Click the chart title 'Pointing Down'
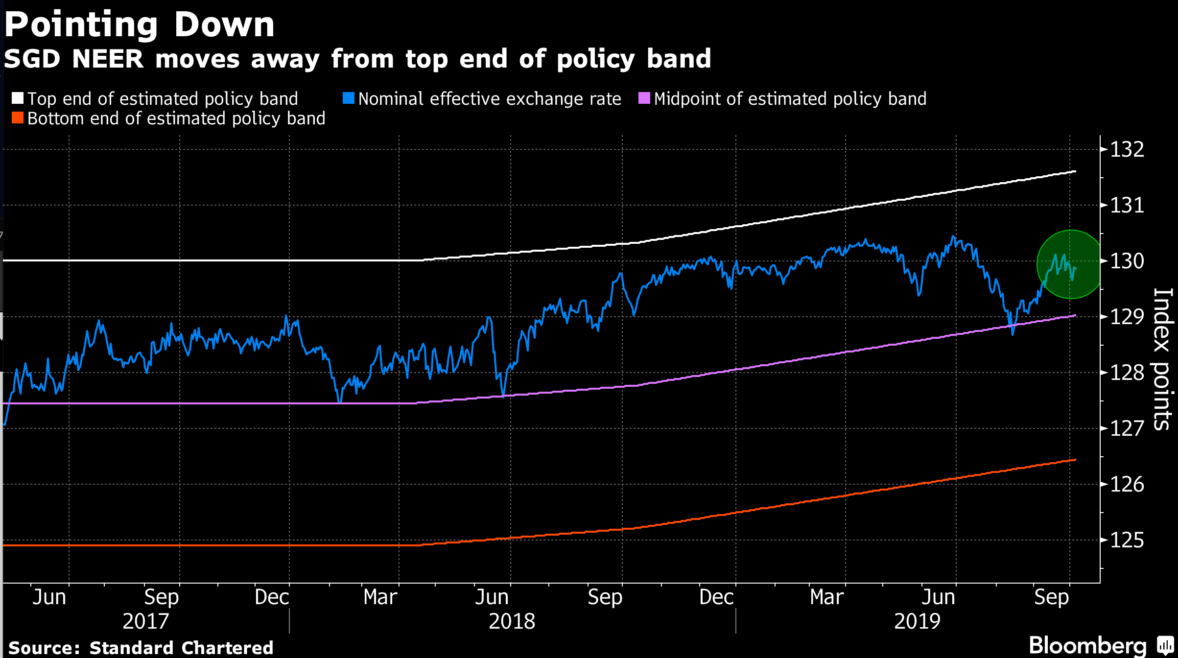click(x=140, y=24)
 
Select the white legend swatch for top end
click(x=18, y=98)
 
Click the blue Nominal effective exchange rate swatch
click(x=349, y=98)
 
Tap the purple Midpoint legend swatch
click(x=644, y=98)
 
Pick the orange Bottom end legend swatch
click(x=18, y=118)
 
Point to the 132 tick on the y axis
click(x=1127, y=149)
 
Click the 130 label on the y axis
click(x=1127, y=261)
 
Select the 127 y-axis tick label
click(x=1127, y=428)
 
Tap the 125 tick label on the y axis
click(x=1127, y=540)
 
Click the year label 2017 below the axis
click(x=145, y=621)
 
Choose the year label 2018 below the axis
click(x=512, y=621)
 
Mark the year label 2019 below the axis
click(x=917, y=621)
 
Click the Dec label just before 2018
click(x=272, y=597)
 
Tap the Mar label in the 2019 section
click(x=826, y=597)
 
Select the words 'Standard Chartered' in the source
click(x=181, y=648)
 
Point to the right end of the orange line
click(x=1074, y=460)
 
